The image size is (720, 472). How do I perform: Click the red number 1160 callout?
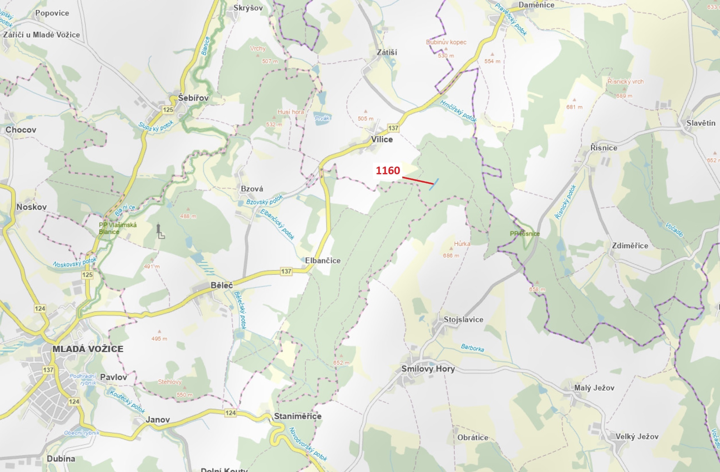click(x=388, y=171)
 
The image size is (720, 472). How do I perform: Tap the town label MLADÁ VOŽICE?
click(x=88, y=349)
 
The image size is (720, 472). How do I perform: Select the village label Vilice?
click(x=382, y=139)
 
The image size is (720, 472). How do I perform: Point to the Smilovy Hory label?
click(x=428, y=369)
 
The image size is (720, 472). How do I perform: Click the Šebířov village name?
click(x=193, y=98)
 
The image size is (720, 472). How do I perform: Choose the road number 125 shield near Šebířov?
click(x=168, y=110)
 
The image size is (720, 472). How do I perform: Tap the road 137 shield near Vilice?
click(x=393, y=128)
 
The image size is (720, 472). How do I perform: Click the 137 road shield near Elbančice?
click(x=286, y=271)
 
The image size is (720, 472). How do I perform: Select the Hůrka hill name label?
click(x=462, y=244)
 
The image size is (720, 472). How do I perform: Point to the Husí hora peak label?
click(x=291, y=112)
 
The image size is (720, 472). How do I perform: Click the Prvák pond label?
click(x=322, y=118)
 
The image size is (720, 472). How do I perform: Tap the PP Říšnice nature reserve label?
click(x=524, y=234)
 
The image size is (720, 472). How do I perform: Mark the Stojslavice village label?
click(x=463, y=320)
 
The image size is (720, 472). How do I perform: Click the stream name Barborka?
click(x=472, y=348)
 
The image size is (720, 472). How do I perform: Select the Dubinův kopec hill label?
click(x=446, y=42)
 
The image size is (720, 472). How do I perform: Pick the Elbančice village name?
click(x=323, y=261)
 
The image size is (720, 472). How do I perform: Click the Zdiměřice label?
click(x=630, y=246)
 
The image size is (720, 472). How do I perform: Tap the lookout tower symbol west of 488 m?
click(x=159, y=231)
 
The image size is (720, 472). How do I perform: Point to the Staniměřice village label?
click(x=298, y=416)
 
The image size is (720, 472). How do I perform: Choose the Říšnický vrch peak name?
click(x=625, y=82)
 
